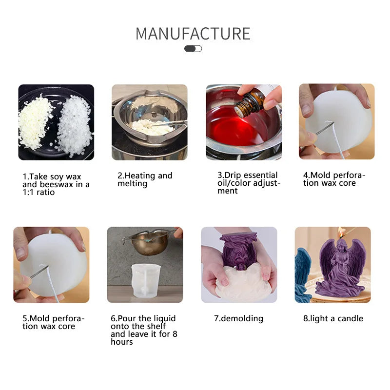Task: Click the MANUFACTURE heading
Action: click(x=193, y=34)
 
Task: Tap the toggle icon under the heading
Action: click(x=193, y=49)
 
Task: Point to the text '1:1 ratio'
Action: click(x=39, y=193)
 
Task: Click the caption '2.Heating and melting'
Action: click(x=145, y=179)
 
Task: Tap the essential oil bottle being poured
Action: click(x=250, y=101)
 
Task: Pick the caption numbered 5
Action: click(x=54, y=322)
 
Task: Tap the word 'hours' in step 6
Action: click(x=122, y=342)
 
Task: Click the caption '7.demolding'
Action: click(x=238, y=318)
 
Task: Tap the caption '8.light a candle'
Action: click(x=333, y=318)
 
